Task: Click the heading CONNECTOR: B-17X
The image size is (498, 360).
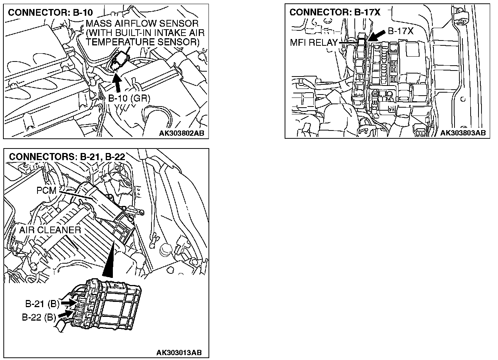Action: pos(334,12)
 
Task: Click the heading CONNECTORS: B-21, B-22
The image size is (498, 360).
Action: pos(67,156)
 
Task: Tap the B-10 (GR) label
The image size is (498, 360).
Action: pos(129,98)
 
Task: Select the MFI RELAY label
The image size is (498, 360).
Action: pos(314,42)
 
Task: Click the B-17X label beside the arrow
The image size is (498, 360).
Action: pos(400,31)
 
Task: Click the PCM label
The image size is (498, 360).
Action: pos(46,190)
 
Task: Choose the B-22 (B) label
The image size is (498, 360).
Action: pos(39,317)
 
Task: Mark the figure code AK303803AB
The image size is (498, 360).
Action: pos(463,133)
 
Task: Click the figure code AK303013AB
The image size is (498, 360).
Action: pos(179,352)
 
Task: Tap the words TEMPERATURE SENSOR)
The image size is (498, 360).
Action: pos(142,42)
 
